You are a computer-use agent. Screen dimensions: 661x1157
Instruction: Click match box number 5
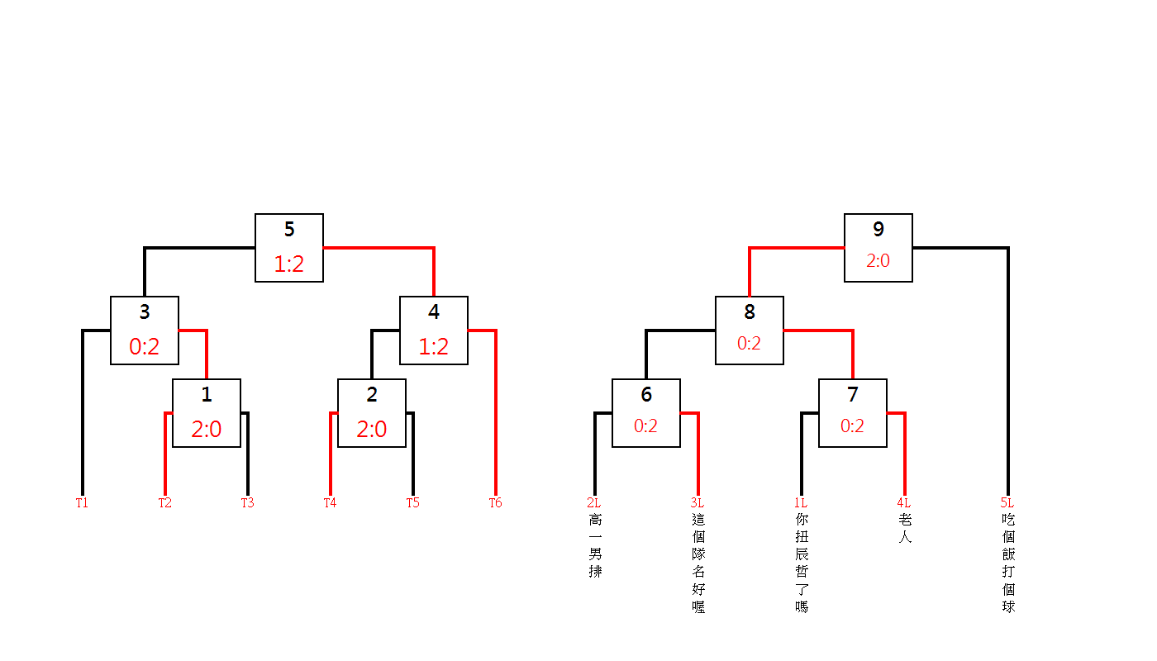[x=289, y=248]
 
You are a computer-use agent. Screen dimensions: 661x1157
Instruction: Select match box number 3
[x=145, y=330]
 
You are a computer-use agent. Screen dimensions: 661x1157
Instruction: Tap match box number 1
[x=207, y=413]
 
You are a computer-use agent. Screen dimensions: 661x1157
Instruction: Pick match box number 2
[x=372, y=413]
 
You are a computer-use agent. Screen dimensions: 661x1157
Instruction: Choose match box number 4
[x=434, y=330]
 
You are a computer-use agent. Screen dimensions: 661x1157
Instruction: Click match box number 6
[x=646, y=413]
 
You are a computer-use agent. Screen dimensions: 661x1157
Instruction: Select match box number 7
[x=853, y=413]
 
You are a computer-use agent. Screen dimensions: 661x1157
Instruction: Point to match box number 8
[x=750, y=330]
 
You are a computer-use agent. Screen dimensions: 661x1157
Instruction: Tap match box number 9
[x=878, y=248]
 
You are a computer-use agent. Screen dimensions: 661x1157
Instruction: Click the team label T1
[x=82, y=502]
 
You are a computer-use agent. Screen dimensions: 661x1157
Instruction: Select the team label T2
[x=165, y=502]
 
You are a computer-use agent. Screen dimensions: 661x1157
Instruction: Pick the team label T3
[x=247, y=502]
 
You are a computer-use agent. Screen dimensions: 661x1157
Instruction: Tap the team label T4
[x=330, y=502]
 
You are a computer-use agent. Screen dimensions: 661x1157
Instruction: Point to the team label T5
[x=412, y=502]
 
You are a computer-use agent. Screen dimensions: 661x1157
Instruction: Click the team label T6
[x=495, y=502]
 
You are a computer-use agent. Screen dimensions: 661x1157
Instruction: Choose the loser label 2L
[x=593, y=502]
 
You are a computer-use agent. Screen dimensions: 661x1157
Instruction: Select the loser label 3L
[x=697, y=502]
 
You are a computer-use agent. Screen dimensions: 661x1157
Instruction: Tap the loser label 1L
[x=800, y=502]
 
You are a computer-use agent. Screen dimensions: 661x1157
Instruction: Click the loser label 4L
[x=903, y=502]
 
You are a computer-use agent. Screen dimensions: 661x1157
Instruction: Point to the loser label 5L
[x=1007, y=502]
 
